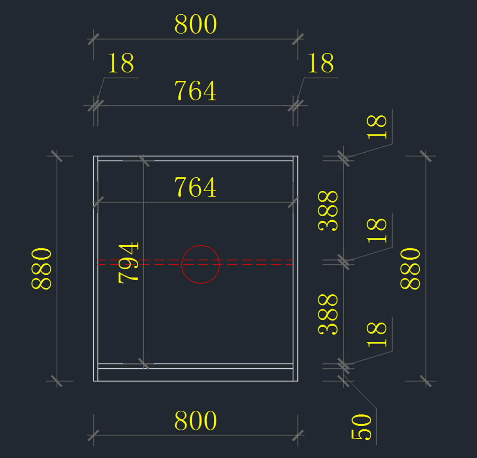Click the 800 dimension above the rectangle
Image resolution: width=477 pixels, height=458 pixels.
[196, 25]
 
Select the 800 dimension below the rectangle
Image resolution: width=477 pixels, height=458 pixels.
[196, 421]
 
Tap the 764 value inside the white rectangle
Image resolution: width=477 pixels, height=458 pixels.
[195, 187]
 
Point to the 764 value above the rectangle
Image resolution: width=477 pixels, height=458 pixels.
[195, 91]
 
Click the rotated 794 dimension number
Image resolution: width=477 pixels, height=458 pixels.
[128, 263]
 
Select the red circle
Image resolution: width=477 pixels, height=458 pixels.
[200, 264]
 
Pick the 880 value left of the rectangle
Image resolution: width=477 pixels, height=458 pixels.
[41, 268]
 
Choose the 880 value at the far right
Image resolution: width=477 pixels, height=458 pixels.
[410, 268]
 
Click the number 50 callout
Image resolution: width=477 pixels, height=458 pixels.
[361, 427]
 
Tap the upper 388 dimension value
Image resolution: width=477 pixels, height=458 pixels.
[328, 211]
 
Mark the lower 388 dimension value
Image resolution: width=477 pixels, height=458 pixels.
[328, 314]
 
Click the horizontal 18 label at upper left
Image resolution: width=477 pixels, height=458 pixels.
[121, 63]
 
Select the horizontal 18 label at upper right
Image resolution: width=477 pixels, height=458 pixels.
[321, 63]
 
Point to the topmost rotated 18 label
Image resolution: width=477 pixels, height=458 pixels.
[376, 127]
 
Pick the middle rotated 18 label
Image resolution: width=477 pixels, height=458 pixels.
[376, 231]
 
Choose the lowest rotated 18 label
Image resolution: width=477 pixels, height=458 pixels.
[376, 334]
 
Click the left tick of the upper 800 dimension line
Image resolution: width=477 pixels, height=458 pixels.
[93, 39]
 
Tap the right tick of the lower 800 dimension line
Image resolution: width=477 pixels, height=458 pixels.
[298, 435]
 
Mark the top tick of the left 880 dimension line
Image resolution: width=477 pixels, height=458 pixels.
[57, 156]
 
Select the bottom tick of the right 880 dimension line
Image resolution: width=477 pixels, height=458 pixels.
[426, 381]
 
